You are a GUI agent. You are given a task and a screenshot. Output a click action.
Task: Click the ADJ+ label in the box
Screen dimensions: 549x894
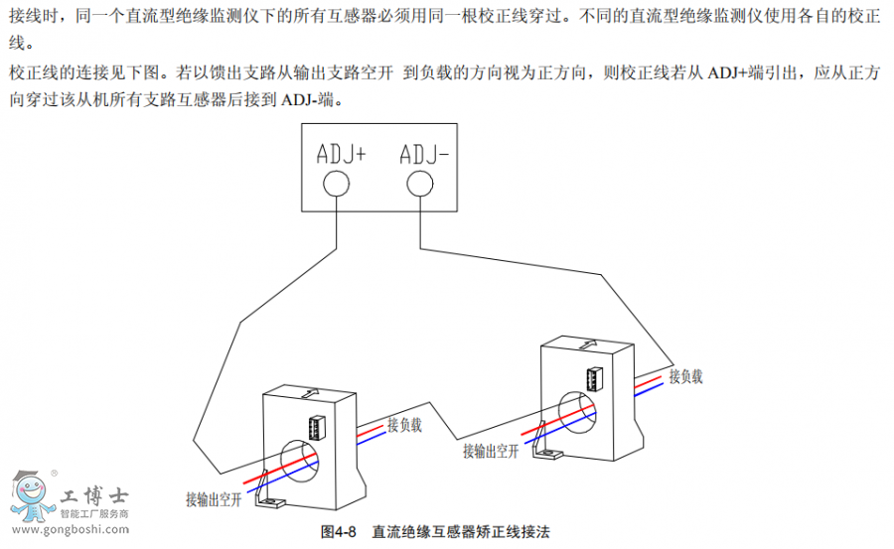tap(341, 154)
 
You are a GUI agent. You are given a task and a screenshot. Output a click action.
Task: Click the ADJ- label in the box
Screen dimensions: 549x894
tap(424, 154)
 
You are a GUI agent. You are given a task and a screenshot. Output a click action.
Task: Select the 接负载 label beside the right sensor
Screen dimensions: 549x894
tap(685, 376)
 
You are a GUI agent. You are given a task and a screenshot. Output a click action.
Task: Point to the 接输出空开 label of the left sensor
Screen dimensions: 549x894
tap(214, 499)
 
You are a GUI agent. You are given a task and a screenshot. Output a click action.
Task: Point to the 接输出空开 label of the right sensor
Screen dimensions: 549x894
tap(491, 451)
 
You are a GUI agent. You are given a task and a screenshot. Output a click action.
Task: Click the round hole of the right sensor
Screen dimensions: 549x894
tap(576, 409)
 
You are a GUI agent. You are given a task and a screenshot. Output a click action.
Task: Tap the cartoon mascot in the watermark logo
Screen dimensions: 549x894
tap(31, 493)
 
